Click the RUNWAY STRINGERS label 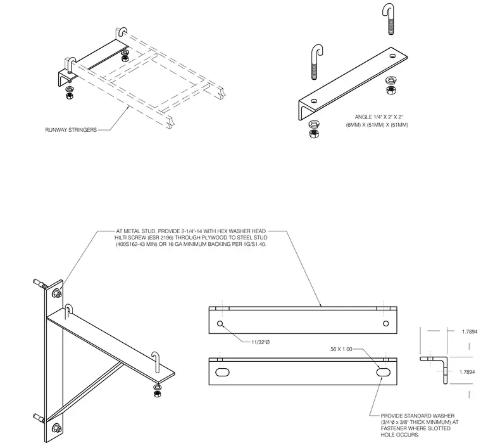71,130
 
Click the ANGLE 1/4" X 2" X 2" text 378,117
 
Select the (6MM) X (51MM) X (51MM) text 377,125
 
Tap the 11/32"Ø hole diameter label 261,342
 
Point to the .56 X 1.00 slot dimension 340,349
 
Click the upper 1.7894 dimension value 470,331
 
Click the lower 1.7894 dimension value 467,372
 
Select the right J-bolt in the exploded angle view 389,19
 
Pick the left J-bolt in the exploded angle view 317,62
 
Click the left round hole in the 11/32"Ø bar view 220,323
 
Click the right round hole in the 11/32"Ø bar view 386,323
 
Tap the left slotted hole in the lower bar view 222,373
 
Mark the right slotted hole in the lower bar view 383,373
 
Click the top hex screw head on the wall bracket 57,293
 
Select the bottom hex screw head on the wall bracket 57,428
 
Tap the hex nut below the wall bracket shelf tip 158,394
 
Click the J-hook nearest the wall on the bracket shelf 68,312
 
